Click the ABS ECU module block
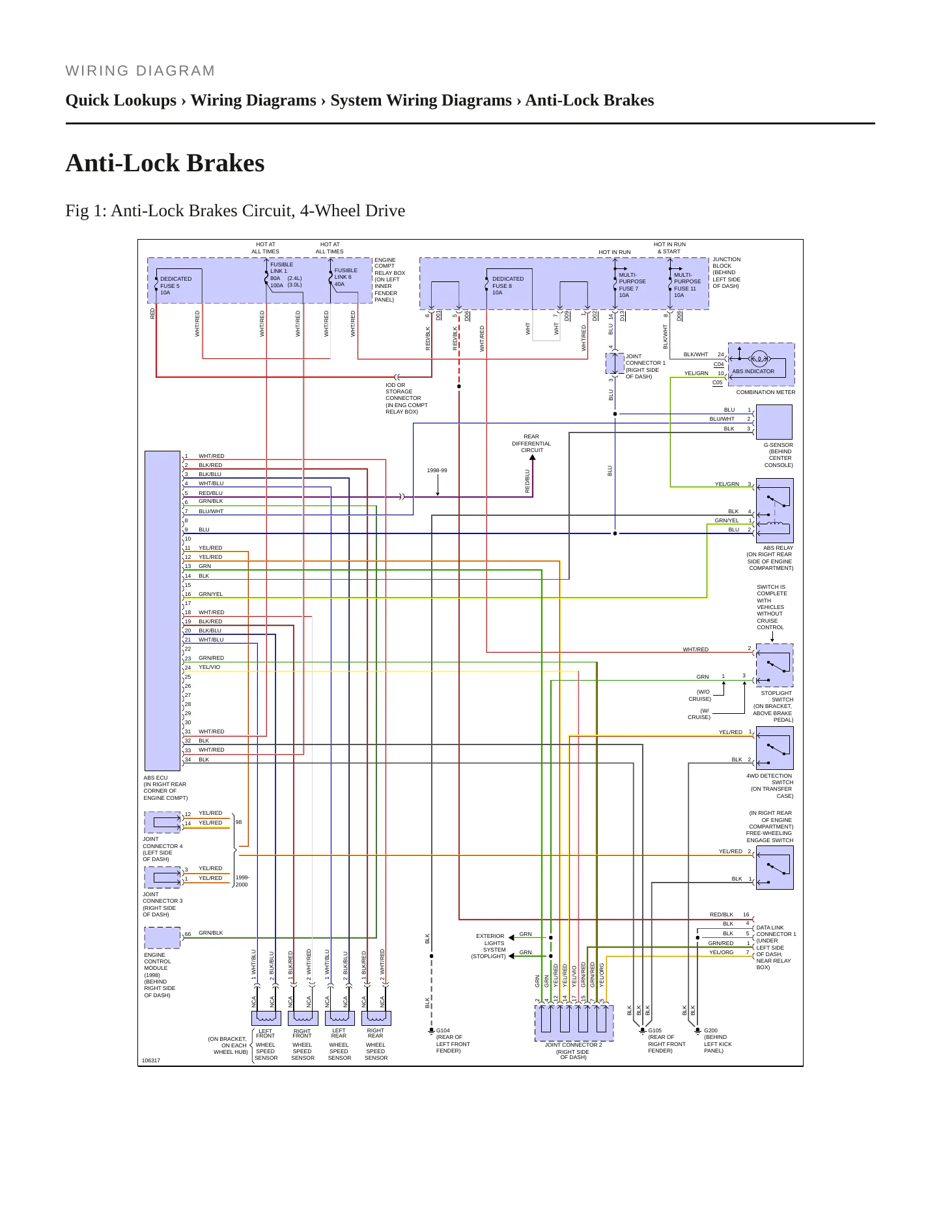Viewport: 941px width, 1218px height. tap(162, 610)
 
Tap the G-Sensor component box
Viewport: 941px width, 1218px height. tap(774, 422)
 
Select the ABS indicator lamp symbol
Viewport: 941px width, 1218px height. tap(759, 358)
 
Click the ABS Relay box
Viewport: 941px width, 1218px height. tap(774, 511)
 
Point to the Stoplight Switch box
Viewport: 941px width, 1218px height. tap(774, 665)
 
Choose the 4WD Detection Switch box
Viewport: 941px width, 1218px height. tap(774, 748)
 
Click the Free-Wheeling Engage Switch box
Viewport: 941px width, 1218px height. tap(774, 868)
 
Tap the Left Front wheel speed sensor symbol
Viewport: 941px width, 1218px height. tap(266, 1018)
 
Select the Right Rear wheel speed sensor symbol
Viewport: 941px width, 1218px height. tap(376, 1018)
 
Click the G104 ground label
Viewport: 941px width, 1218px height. tap(443, 1031)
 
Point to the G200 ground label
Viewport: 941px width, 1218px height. tap(710, 1030)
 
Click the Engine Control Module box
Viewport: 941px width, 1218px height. tap(162, 938)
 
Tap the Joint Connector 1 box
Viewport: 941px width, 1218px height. tap(615, 363)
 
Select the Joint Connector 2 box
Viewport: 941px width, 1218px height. tap(574, 1023)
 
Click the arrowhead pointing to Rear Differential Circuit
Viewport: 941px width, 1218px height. tap(532, 458)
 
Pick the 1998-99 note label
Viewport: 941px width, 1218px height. tap(437, 470)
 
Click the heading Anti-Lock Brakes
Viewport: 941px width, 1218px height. tap(165, 163)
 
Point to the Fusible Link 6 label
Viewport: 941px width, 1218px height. tap(346, 277)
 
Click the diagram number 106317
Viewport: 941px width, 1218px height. tap(151, 1060)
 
